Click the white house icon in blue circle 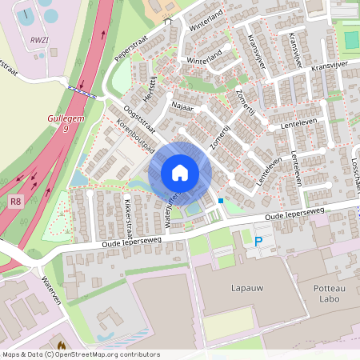click(x=180, y=173)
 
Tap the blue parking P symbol click(x=258, y=241)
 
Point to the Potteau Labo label click(x=326, y=290)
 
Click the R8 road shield click(x=16, y=202)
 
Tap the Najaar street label click(x=183, y=104)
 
